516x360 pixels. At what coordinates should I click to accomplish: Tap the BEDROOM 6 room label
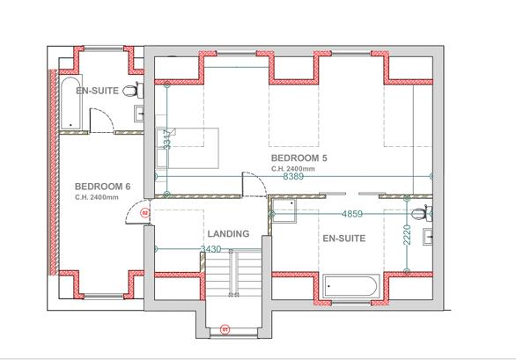pyautogui.click(x=102, y=187)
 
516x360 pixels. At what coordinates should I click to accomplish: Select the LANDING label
pyautogui.click(x=228, y=234)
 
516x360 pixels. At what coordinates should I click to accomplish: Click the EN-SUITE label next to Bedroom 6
pyautogui.click(x=97, y=92)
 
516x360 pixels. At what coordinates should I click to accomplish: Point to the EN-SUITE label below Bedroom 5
pyautogui.click(x=343, y=238)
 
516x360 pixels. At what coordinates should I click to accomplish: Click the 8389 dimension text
pyautogui.click(x=295, y=177)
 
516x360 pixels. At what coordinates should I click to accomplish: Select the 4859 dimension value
pyautogui.click(x=352, y=214)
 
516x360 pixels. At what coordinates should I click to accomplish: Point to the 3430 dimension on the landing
pyautogui.click(x=211, y=250)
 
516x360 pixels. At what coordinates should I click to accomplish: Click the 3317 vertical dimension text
pyautogui.click(x=166, y=139)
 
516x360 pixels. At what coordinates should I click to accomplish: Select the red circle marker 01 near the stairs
pyautogui.click(x=225, y=330)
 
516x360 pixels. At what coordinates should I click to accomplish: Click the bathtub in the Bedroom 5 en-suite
pyautogui.click(x=351, y=286)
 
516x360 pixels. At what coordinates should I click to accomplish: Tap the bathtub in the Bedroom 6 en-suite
pyautogui.click(x=69, y=102)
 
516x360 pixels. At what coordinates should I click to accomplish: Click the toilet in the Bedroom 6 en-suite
pyautogui.click(x=131, y=91)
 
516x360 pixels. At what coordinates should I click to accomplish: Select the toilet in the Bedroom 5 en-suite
pyautogui.click(x=424, y=212)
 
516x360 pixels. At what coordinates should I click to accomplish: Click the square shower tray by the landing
pyautogui.click(x=284, y=208)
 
